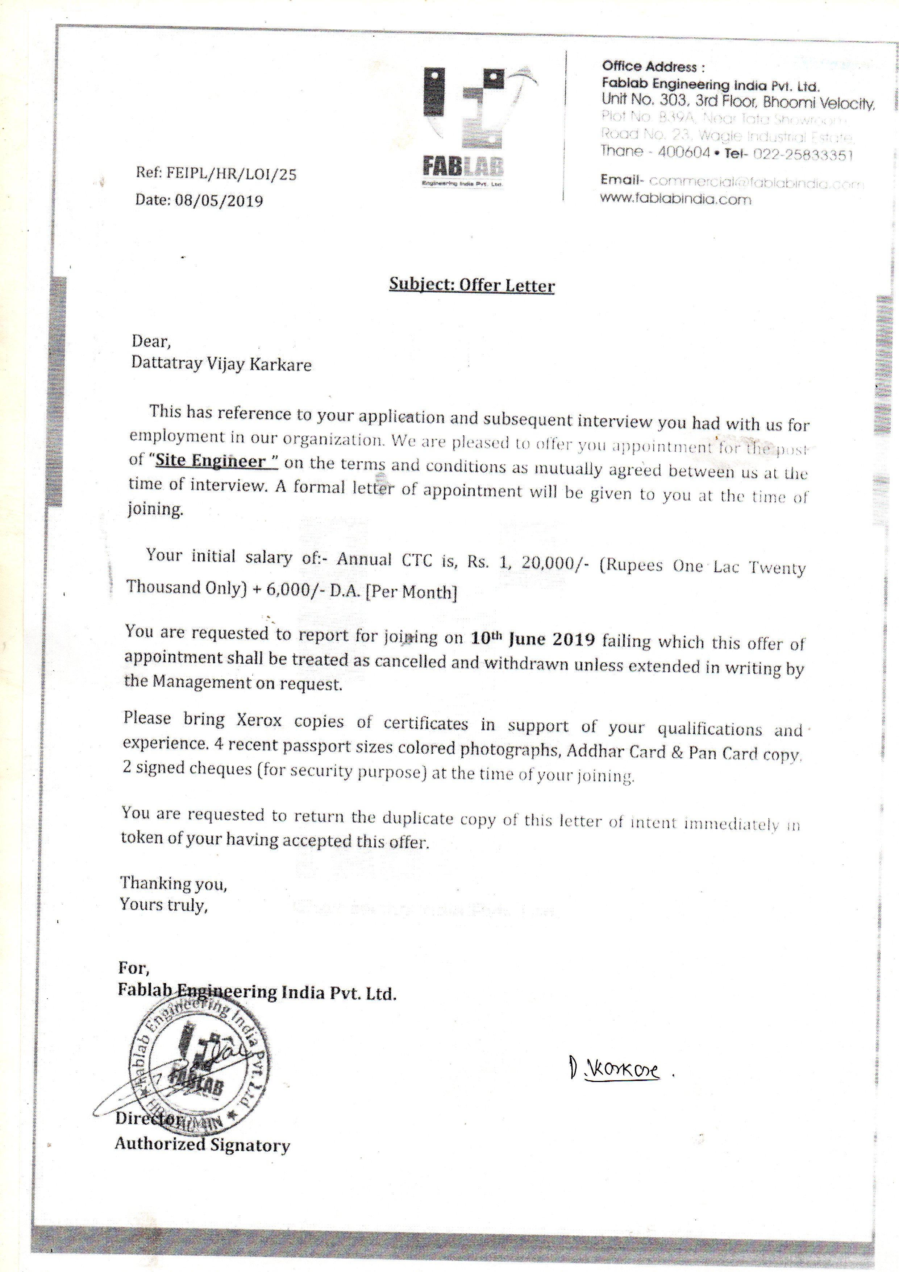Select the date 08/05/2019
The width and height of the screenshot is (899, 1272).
point(219,200)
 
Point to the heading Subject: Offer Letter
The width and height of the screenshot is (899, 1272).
point(471,285)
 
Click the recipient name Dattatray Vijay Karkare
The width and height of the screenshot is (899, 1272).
point(221,364)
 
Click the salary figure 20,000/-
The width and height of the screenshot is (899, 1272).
point(555,562)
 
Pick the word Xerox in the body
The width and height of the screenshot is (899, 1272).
point(259,720)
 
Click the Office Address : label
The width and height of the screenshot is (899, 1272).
point(653,67)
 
